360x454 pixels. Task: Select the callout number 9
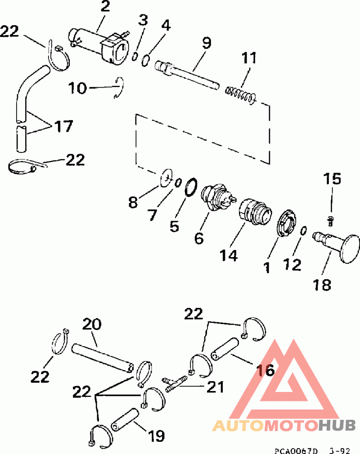(x=207, y=43)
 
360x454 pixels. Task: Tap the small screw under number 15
(x=330, y=221)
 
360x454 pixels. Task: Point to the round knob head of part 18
(x=349, y=249)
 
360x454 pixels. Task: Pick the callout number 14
(x=229, y=255)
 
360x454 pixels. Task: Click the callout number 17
(x=63, y=126)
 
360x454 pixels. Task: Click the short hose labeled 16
(x=225, y=349)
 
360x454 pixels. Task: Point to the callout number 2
(x=105, y=6)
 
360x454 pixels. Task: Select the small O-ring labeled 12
(x=303, y=231)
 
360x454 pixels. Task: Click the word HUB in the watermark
(x=337, y=425)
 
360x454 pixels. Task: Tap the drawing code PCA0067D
(x=296, y=450)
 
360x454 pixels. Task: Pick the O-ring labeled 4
(x=146, y=60)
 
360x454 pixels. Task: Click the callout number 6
(x=199, y=238)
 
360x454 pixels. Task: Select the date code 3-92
(x=339, y=450)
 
